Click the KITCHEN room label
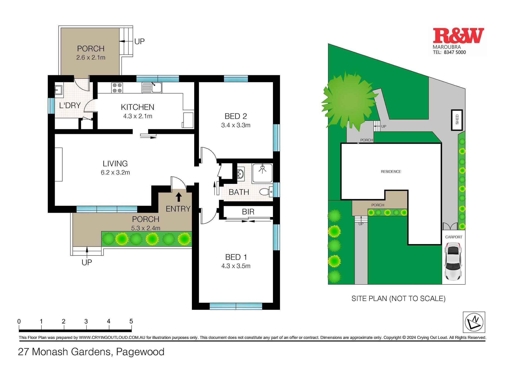coord(137,107)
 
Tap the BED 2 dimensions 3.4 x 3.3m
coord(236,125)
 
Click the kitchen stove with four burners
coord(117,88)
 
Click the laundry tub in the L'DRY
coord(58,90)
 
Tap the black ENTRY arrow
coord(179,197)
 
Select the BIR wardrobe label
coord(248,212)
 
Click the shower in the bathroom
coord(262,173)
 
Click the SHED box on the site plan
coord(457,120)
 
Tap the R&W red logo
coord(458,36)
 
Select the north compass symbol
coord(474,322)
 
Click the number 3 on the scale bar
coord(86,321)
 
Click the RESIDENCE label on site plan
coord(391,172)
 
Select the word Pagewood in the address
coord(140,352)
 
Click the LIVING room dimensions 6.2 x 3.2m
coord(115,173)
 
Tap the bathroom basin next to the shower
coord(240,174)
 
